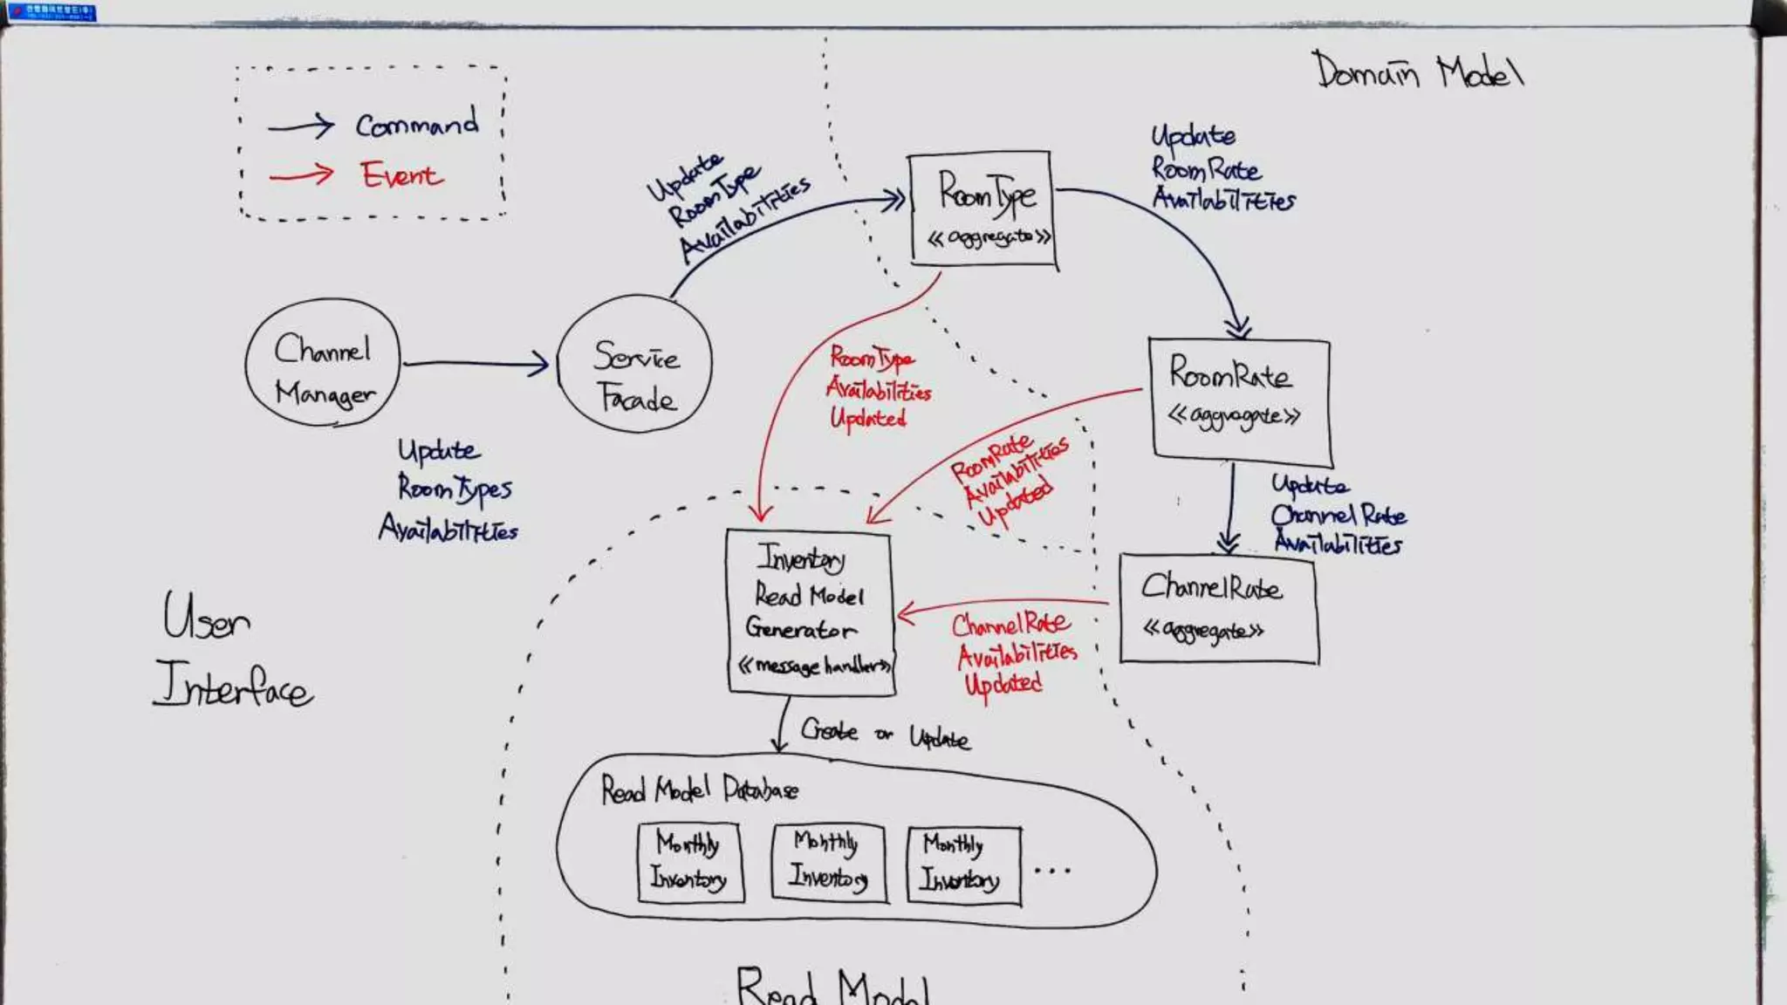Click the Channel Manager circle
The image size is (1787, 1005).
pyautogui.click(x=323, y=363)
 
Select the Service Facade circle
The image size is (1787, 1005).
pyautogui.click(x=635, y=364)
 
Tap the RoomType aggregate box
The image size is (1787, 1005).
pyautogui.click(x=983, y=209)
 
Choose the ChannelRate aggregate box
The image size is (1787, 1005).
pyautogui.click(x=1218, y=609)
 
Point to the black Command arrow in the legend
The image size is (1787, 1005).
pyautogui.click(x=301, y=126)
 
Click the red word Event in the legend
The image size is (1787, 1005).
pyautogui.click(x=402, y=174)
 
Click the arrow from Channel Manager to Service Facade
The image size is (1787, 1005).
pyautogui.click(x=476, y=363)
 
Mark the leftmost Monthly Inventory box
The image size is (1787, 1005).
pyautogui.click(x=689, y=862)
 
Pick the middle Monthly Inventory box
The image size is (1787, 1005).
pyautogui.click(x=827, y=861)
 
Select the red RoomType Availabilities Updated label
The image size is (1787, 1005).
pyautogui.click(x=878, y=388)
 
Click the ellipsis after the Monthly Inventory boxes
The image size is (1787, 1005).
pyautogui.click(x=1051, y=870)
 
